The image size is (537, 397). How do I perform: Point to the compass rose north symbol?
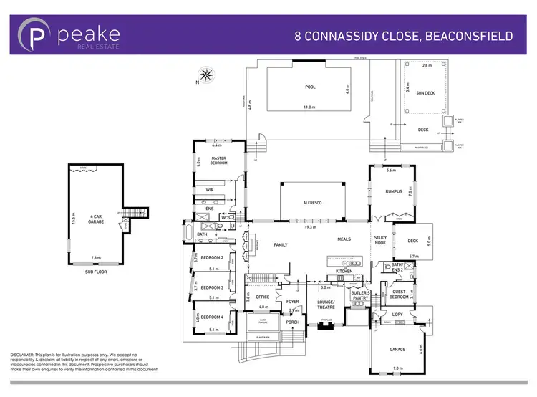tap(206, 74)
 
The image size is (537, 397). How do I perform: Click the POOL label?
tap(309, 87)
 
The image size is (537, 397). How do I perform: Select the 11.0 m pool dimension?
tap(309, 107)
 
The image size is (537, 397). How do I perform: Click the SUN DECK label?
tap(415, 92)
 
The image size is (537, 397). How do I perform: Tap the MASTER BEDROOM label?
tap(219, 161)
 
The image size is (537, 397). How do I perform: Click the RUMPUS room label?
tap(392, 190)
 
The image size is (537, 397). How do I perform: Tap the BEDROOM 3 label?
tap(212, 287)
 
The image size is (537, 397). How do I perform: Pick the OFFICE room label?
tap(262, 297)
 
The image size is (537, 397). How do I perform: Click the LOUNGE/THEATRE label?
tap(326, 304)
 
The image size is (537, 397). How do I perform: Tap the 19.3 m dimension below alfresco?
tap(309, 226)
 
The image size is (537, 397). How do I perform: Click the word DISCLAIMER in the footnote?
tap(25, 354)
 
